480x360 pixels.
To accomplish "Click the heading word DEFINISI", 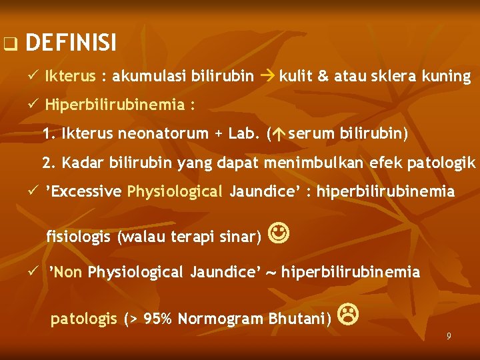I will pyautogui.click(x=71, y=44).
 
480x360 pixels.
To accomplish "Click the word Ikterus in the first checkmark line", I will pyautogui.click(x=70, y=76).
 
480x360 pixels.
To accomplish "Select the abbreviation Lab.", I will pyautogui.click(x=244, y=133).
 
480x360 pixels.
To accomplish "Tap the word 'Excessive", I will pyautogui.click(x=83, y=192).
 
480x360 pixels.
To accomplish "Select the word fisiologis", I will pyautogui.click(x=79, y=236).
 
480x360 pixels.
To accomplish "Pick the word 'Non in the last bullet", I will pyautogui.click(x=66, y=272).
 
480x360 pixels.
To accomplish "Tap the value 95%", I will pyautogui.click(x=158, y=319).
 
